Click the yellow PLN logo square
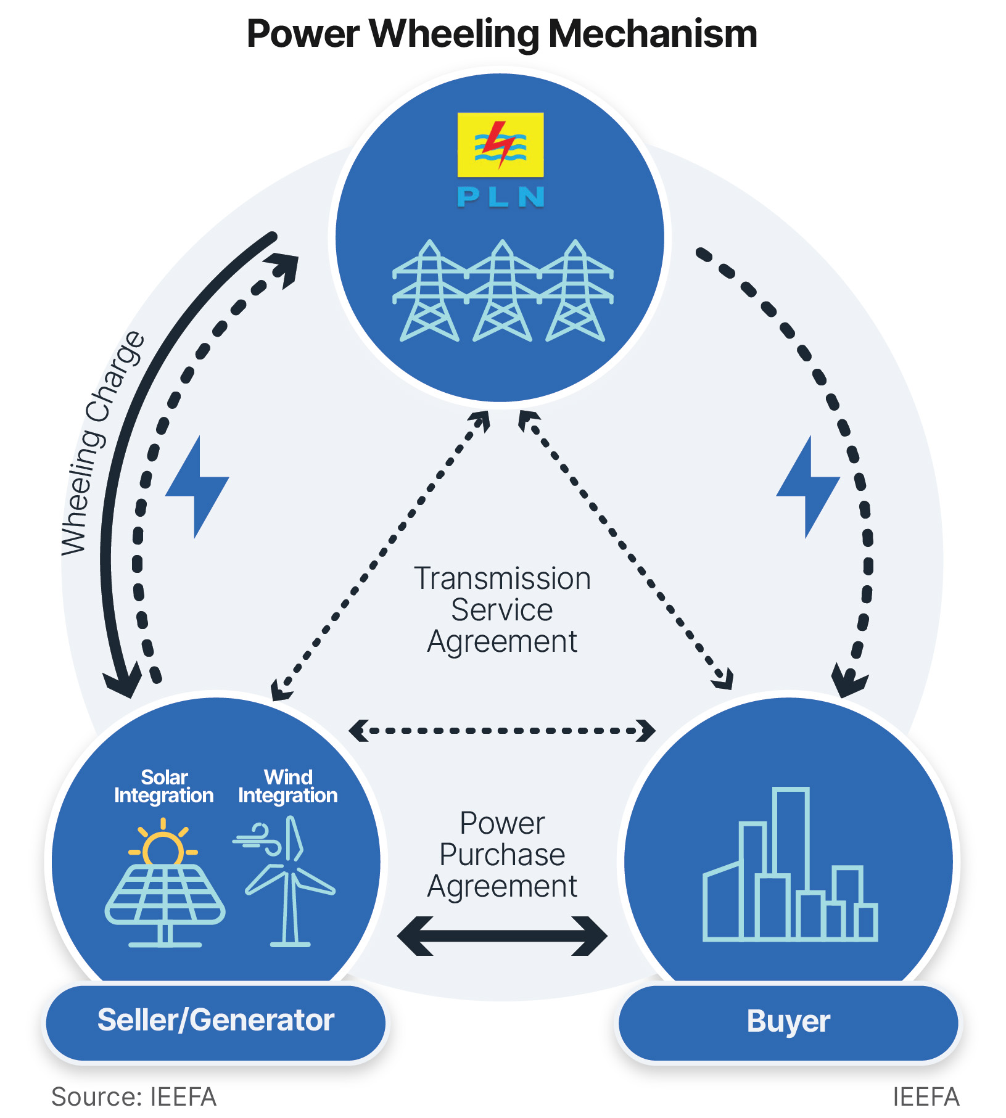pos(500,144)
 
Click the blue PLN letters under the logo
pos(500,197)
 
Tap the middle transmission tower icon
pos(502,291)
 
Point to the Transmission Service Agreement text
pos(502,609)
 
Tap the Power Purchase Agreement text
pos(502,855)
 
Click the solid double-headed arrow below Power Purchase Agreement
pos(502,935)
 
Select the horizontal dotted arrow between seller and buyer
pos(502,731)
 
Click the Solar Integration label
pos(164,786)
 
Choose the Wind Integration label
pos(288,786)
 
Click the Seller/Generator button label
pos(216,1020)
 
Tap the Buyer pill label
pos(788,1021)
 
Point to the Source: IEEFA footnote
pos(133,1097)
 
